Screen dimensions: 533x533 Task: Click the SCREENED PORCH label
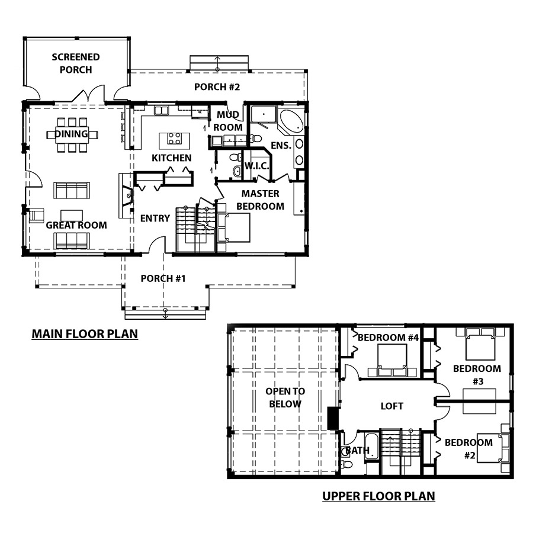(x=76, y=63)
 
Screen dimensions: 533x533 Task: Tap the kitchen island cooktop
(x=174, y=139)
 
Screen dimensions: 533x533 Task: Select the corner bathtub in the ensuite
(x=291, y=121)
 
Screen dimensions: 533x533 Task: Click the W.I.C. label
(x=256, y=166)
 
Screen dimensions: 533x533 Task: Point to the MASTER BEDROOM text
(x=261, y=200)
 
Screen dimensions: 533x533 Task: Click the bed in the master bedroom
(x=234, y=227)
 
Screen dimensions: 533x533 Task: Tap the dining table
(x=72, y=134)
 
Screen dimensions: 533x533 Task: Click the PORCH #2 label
(x=217, y=87)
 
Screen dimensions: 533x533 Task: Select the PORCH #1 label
(x=163, y=279)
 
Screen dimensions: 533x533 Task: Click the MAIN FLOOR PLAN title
(x=85, y=334)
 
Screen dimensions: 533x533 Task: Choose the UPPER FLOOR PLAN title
(x=378, y=496)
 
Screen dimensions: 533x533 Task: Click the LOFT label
(x=392, y=406)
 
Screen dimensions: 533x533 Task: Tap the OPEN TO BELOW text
(x=285, y=398)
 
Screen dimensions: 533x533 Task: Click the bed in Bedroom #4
(x=393, y=360)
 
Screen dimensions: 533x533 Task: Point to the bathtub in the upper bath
(x=371, y=447)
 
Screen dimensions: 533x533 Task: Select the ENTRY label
(x=155, y=218)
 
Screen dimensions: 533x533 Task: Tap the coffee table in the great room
(x=72, y=216)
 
